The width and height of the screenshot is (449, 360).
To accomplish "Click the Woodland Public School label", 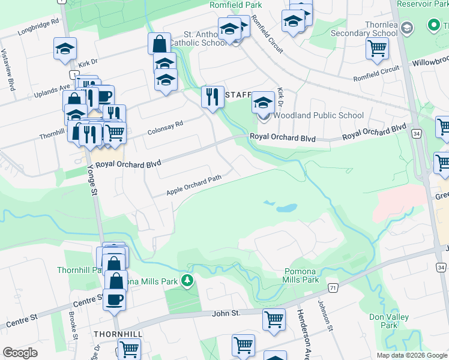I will coord(319,115).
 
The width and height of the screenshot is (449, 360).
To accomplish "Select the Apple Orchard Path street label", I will coord(194,185).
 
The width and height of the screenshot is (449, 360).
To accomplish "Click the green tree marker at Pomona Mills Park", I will coord(188,280).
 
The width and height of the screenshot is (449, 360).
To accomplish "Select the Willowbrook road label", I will coord(429,62).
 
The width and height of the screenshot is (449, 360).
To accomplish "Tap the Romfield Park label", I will coord(236,4).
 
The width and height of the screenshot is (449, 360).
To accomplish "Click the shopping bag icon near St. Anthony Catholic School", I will coord(160,43).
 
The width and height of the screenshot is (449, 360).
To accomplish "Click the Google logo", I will coord(20,353).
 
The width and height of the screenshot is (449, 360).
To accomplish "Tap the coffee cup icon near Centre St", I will coord(114,299).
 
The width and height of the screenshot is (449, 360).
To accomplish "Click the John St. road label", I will coord(226,313).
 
